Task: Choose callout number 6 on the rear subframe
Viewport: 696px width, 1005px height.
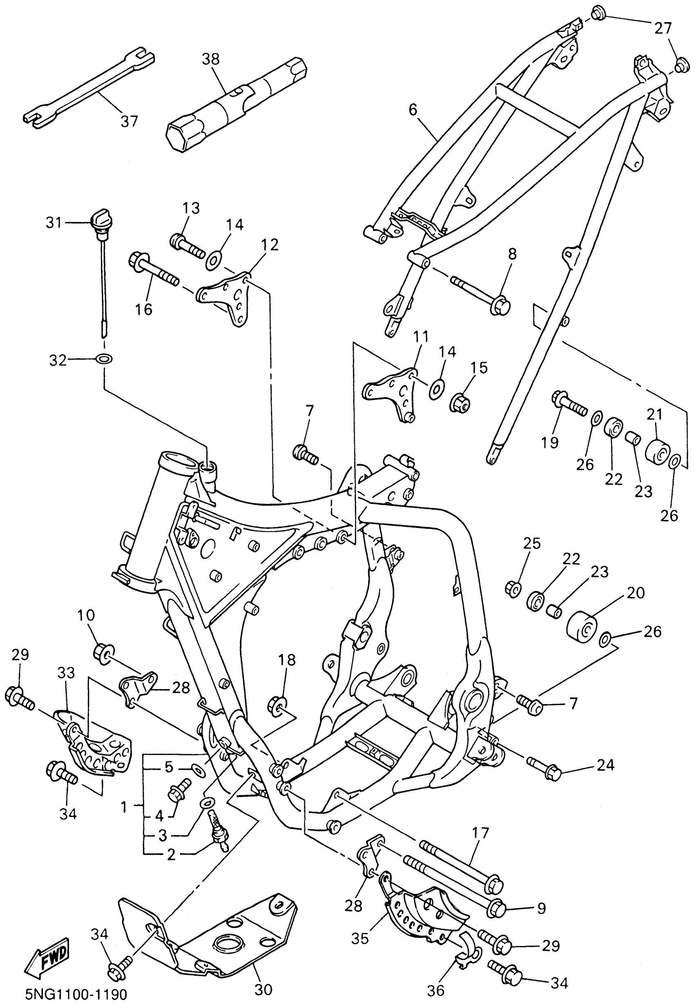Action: [x=413, y=109]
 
